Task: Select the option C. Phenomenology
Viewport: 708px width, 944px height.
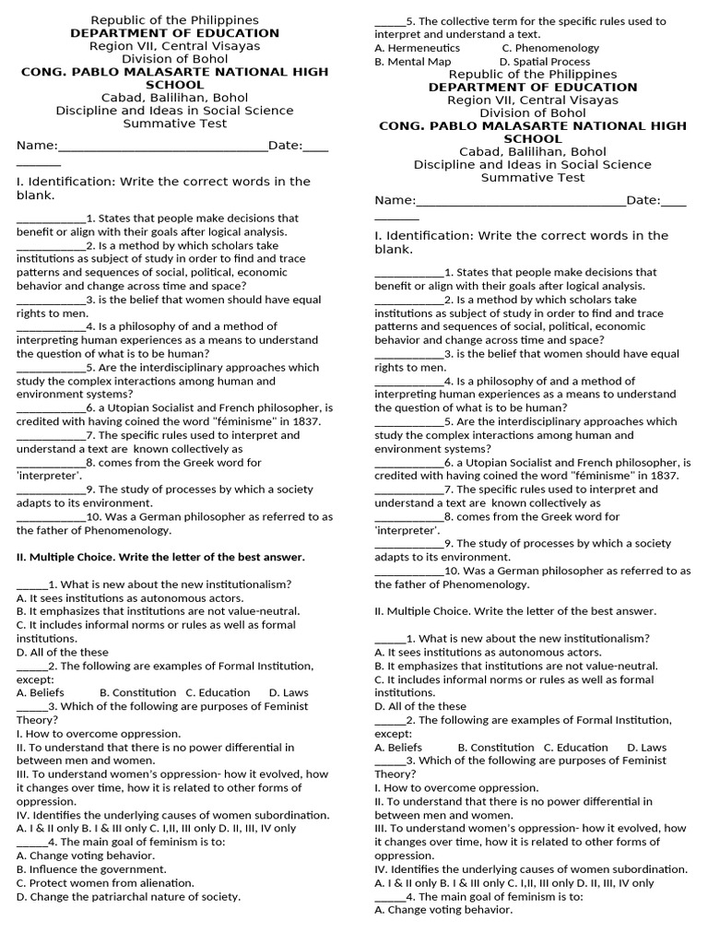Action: click(549, 48)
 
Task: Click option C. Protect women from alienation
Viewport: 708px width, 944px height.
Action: click(105, 882)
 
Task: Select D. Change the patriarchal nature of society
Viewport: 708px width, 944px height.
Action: click(128, 896)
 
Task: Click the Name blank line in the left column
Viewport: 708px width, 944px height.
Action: click(162, 146)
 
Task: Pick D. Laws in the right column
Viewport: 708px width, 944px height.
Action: click(646, 747)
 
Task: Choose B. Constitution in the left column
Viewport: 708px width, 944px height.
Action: click(137, 692)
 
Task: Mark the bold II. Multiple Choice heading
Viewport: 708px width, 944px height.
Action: click(160, 557)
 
